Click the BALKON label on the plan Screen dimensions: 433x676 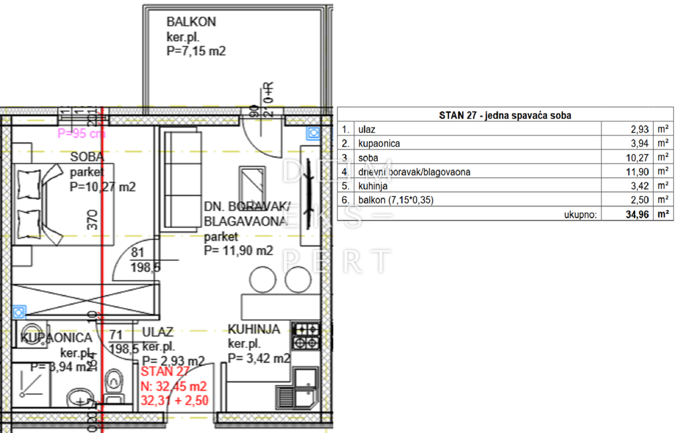[x=191, y=22]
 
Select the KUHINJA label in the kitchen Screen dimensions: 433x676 [x=254, y=329]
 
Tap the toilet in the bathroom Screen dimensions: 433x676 [x=114, y=381]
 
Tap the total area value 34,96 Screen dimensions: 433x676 [x=634, y=214]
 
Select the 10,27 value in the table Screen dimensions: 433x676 [x=634, y=157]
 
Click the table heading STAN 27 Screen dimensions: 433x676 [x=505, y=115]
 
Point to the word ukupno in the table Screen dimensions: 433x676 [x=582, y=214]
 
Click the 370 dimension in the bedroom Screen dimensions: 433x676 [x=92, y=217]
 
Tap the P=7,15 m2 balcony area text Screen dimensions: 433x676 [x=196, y=50]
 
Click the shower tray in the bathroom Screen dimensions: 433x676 [x=30, y=386]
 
